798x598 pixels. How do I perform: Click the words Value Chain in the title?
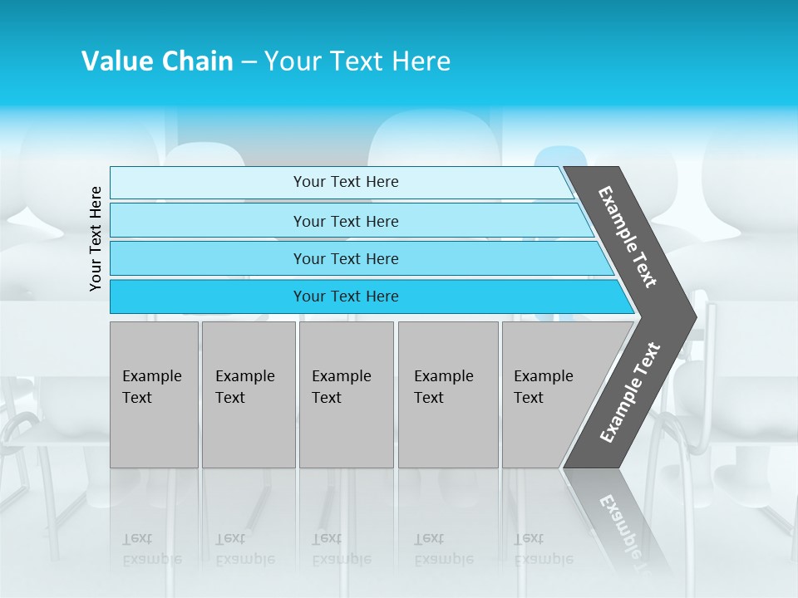157,61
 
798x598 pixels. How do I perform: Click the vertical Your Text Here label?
96,238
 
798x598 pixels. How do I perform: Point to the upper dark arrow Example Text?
628,237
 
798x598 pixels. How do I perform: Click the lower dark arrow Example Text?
630,393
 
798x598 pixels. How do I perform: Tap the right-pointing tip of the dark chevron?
692,316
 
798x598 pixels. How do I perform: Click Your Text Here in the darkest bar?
346,297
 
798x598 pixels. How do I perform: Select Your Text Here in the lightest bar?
346,182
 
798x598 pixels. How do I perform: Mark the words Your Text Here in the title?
357,61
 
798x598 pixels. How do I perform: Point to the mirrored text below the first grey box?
151,549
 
